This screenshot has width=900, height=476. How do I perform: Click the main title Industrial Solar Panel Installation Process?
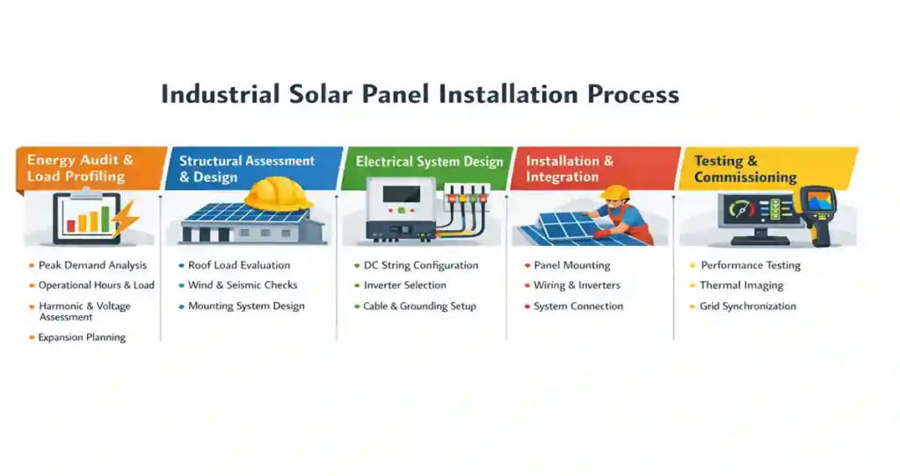pos(419,94)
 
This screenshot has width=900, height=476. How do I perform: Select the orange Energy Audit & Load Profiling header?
pos(81,168)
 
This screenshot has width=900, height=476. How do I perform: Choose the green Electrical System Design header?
pos(429,162)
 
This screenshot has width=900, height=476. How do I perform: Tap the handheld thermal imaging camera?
pos(817,213)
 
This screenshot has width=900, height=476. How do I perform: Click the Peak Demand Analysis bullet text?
pos(92,265)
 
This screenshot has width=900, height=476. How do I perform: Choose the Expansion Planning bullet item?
pos(82,337)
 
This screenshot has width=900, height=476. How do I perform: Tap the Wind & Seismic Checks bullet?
pos(243,285)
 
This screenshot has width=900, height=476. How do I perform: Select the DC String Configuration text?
pos(421,265)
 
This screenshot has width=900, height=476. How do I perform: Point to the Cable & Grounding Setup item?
pos(419,307)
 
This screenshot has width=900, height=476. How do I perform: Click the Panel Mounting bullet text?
pos(571,265)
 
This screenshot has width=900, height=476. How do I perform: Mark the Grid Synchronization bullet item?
pos(748,307)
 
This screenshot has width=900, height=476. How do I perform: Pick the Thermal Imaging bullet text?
pos(741,285)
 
